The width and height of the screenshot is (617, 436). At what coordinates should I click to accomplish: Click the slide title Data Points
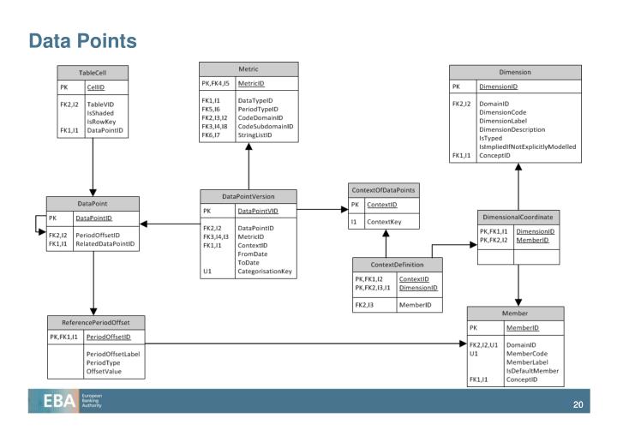82,40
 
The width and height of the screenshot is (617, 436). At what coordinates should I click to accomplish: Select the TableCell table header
93,71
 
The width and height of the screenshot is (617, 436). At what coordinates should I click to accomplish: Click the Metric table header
248,69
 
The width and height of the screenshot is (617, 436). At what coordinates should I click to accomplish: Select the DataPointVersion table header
248,196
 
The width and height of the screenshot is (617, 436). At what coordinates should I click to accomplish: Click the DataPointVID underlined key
257,211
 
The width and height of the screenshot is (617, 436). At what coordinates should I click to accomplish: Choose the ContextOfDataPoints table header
383,189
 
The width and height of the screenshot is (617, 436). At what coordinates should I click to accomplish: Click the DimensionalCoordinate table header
520,217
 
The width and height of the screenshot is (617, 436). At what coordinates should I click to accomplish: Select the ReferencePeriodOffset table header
95,322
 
